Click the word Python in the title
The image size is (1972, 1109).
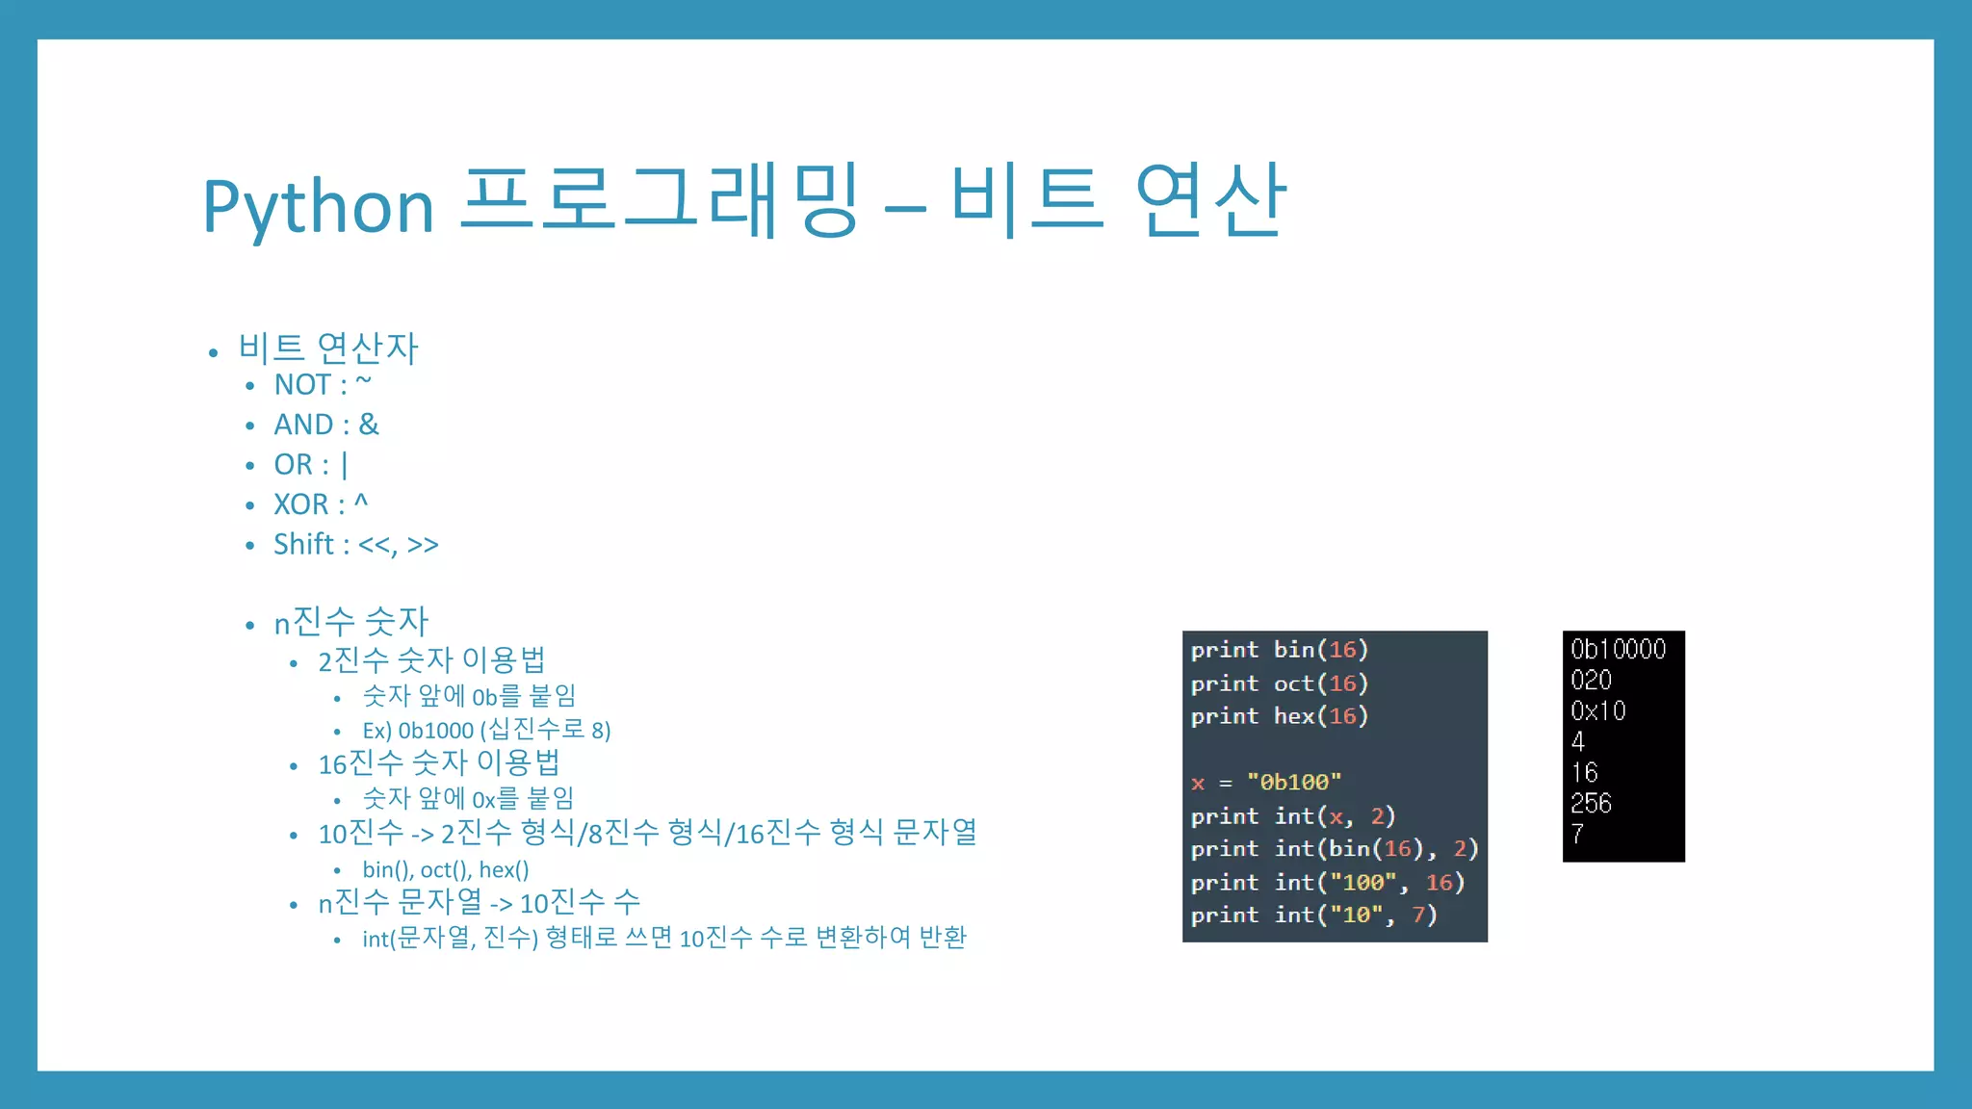[318, 207]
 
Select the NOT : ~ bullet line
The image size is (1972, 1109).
[322, 385]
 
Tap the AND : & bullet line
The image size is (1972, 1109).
[325, 425]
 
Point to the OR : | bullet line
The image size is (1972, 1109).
[310, 465]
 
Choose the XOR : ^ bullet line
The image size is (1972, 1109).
[320, 504]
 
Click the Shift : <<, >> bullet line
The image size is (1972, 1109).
[355, 545]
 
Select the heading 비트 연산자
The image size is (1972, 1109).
[328, 348]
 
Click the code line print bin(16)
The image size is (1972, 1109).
[1279, 650]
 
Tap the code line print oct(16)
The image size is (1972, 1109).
[1279, 683]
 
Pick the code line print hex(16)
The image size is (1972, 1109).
[1279, 716]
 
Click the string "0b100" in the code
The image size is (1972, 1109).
[1293, 783]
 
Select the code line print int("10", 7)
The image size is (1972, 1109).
[1313, 916]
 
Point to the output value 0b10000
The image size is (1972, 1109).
[1618, 650]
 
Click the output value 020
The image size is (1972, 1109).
[1591, 681]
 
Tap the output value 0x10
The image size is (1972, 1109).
[1597, 711]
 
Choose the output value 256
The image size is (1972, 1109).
[1591, 804]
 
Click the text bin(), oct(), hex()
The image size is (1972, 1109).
[445, 870]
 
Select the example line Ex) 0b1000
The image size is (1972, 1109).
[486, 730]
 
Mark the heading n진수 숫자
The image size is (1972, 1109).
[350, 622]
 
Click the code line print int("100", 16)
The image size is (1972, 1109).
[1327, 883]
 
